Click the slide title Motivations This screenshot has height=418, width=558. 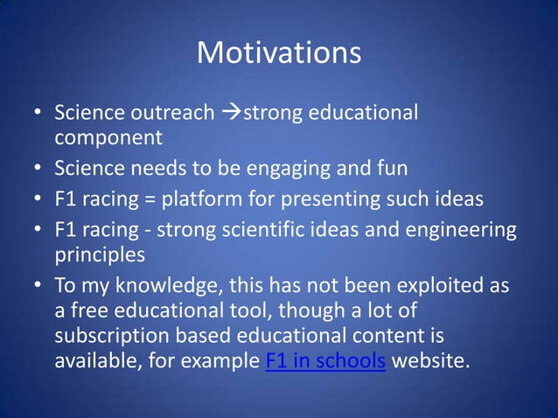pyautogui.click(x=279, y=52)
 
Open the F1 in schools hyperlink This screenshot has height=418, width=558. pyautogui.click(x=324, y=360)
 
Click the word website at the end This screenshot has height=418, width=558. pyautogui.click(x=431, y=360)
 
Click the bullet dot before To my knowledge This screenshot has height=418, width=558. pyautogui.click(x=38, y=287)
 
